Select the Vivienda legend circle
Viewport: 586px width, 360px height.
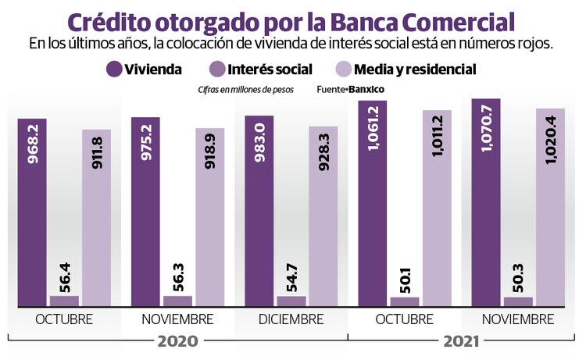(x=116, y=70)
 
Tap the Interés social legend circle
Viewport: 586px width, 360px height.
(x=220, y=70)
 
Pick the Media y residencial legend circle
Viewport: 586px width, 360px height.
(x=342, y=70)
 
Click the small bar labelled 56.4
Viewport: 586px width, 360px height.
(x=65, y=300)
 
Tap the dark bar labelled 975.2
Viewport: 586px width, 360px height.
(x=146, y=211)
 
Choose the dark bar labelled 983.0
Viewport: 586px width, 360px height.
(x=259, y=210)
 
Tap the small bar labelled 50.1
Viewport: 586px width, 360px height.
(x=405, y=301)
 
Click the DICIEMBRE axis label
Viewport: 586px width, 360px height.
(x=291, y=320)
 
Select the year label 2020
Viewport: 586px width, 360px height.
(x=178, y=341)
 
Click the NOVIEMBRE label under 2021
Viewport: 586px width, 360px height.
(x=518, y=320)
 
